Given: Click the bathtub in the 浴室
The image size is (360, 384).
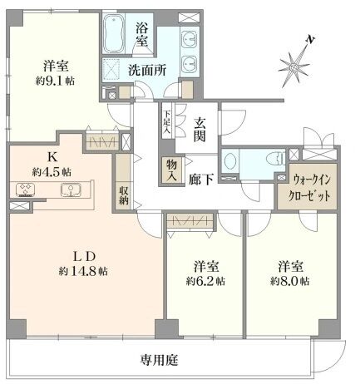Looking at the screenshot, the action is point(114,33).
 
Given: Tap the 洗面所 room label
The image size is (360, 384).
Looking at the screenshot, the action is point(147,71).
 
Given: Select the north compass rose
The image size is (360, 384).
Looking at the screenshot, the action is point(293,67).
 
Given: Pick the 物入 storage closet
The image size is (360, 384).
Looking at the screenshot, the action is point(172,170).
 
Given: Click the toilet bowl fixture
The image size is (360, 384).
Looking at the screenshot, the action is point(276,159).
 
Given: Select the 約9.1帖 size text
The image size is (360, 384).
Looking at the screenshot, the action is point(55,81).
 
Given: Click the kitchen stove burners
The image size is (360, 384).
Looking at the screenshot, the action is point(25,190).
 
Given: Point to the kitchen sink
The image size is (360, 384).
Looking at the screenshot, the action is point(71,190).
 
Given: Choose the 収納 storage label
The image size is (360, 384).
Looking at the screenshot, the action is point(124,195).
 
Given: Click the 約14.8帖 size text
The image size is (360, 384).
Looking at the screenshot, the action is point(83,271).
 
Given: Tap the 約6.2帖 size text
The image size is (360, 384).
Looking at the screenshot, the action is point(205,282).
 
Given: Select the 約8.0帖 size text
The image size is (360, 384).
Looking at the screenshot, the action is point(290,282).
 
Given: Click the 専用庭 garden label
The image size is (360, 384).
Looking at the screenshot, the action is point(159,360).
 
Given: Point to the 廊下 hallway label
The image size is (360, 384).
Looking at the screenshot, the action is point(201,180).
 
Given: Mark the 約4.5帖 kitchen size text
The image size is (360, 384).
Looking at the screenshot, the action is point(52,172).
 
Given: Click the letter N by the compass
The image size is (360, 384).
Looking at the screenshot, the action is point(310,40).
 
